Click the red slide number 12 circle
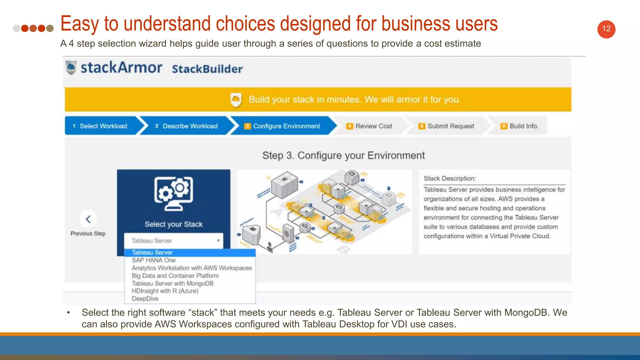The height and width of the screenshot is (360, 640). pos(606,29)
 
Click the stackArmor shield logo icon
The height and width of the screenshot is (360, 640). pos(71,67)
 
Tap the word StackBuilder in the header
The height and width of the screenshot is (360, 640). pos(207,69)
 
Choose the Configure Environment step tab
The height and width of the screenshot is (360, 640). pos(283,126)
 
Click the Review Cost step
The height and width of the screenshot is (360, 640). pos(370,126)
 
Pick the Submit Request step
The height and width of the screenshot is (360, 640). pos(447,126)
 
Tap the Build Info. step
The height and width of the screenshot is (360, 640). pos(520,126)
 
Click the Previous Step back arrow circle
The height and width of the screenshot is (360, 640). pos(88,219)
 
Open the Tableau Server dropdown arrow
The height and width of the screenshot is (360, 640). pos(218,241)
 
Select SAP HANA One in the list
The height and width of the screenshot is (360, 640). pos(153,260)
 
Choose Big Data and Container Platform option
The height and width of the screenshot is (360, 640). pos(175,276)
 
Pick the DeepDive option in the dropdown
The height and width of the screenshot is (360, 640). pos(145,299)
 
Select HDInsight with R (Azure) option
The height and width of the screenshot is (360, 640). pos(165,291)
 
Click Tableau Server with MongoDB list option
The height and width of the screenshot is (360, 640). pos(172,283)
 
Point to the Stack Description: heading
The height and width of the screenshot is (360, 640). pos(450,178)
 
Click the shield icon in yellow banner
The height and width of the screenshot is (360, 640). pos(236,100)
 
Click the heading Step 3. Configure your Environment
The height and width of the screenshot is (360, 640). pos(343,155)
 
